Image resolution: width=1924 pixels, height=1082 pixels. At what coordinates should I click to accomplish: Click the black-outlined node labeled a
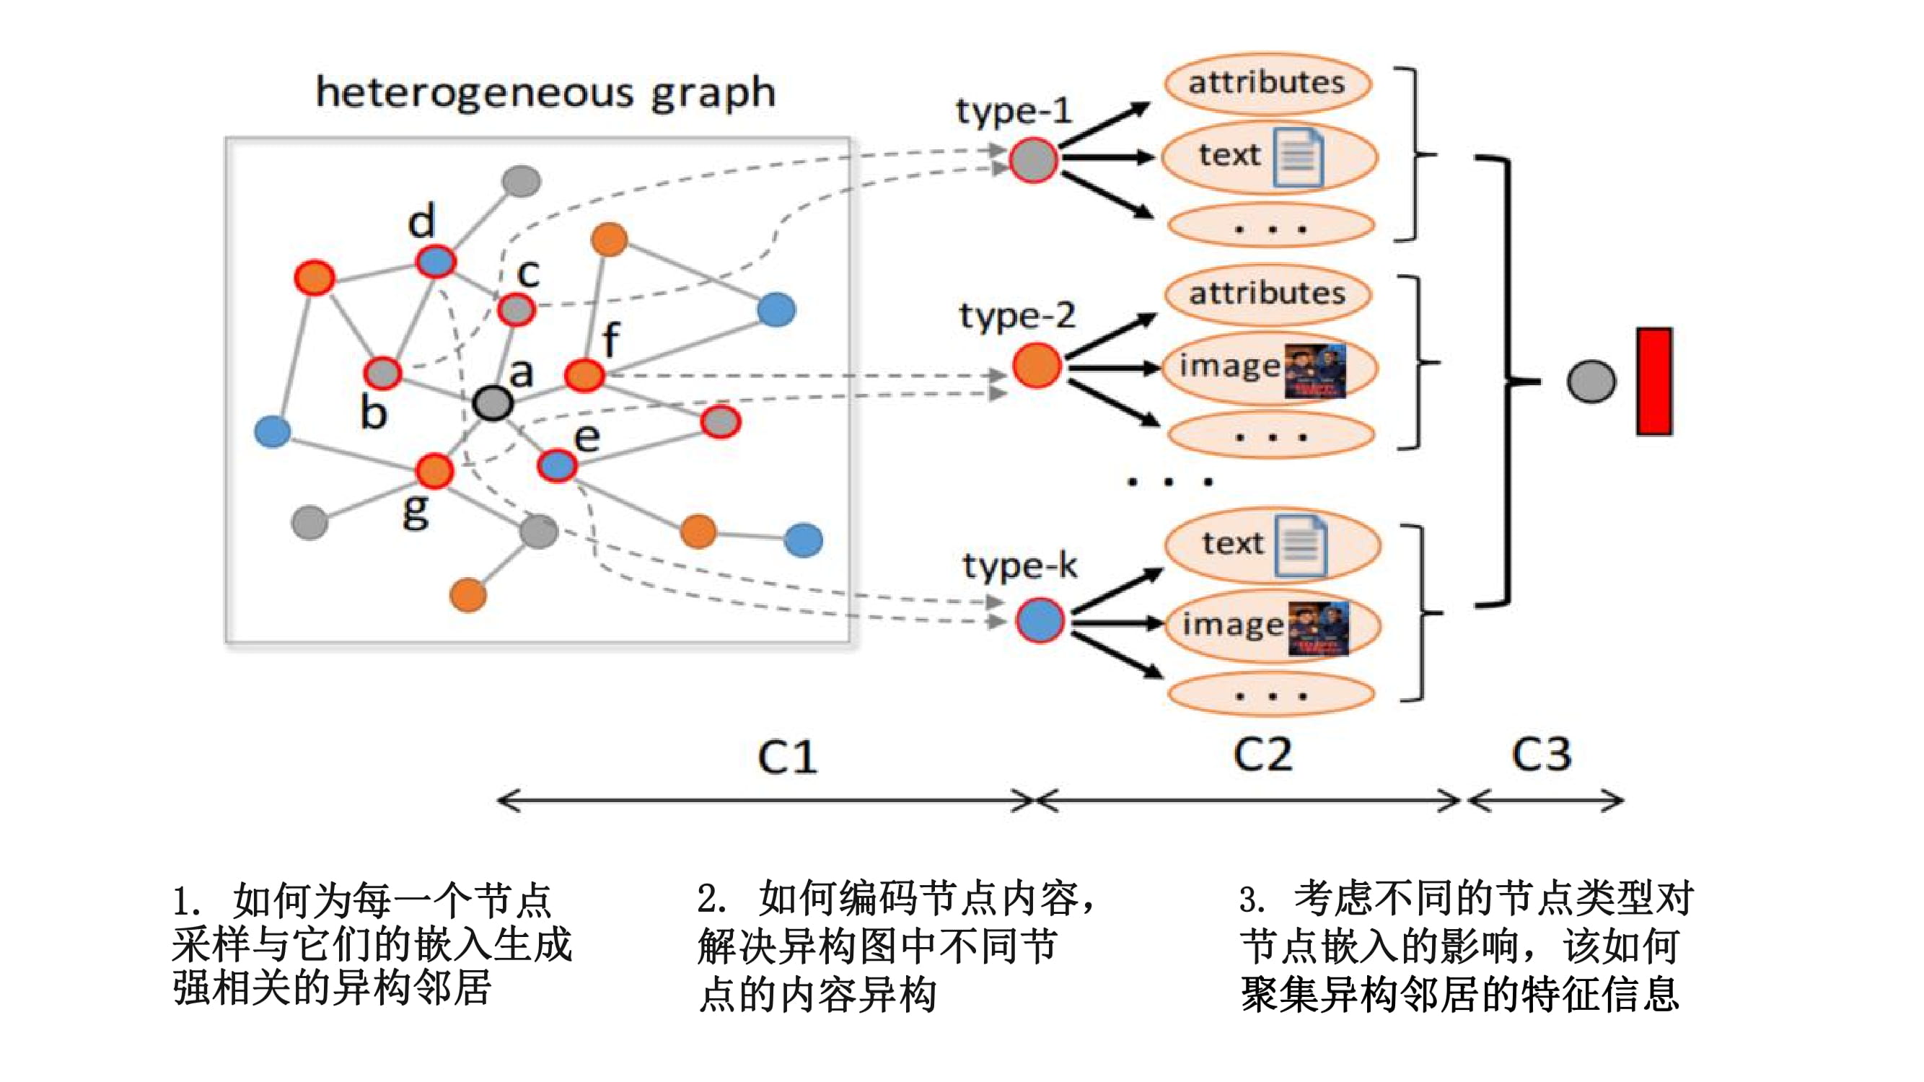[492, 403]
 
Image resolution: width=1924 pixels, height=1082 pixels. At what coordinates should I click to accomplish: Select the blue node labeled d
[436, 261]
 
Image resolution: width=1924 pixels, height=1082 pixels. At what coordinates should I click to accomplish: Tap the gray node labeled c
[516, 309]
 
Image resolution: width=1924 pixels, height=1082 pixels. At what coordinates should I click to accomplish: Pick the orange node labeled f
[584, 375]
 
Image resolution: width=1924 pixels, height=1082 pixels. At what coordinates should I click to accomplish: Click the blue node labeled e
[556, 466]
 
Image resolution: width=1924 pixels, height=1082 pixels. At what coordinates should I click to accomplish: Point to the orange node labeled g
[434, 470]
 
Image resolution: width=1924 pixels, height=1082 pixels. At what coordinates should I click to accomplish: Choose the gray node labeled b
[382, 372]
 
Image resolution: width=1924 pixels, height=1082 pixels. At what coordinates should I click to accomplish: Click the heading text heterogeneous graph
[545, 92]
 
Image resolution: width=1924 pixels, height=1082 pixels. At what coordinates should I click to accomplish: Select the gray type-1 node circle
[1033, 160]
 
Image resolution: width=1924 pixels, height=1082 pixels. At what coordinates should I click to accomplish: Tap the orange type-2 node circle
[1037, 366]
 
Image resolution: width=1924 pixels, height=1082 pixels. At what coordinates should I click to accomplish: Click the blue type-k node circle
[1040, 620]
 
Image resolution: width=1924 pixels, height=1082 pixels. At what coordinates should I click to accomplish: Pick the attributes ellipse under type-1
[1267, 83]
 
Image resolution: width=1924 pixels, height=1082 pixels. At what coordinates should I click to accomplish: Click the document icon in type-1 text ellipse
[1298, 157]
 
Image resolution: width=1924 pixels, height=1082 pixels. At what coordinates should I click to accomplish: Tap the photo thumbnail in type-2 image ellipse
[1314, 370]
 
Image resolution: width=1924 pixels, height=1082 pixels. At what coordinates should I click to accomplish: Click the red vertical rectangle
[1653, 381]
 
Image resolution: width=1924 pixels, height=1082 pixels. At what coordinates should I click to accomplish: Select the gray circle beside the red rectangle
[1591, 382]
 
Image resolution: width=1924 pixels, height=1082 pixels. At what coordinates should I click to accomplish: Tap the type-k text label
[1019, 566]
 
